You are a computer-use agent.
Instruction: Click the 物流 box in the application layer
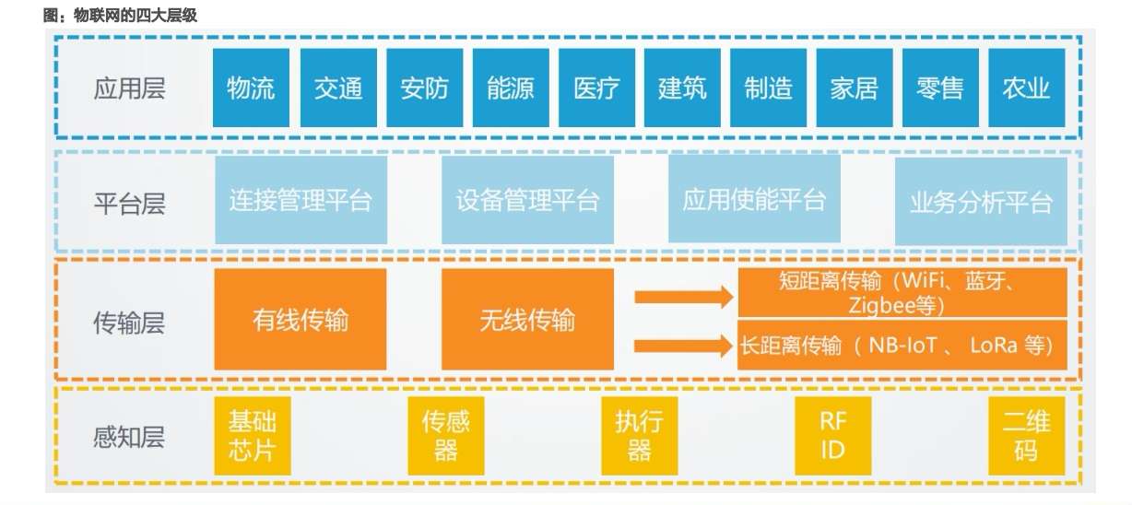click(251, 88)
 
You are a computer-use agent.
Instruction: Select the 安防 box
click(424, 88)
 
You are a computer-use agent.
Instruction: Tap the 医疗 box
click(596, 88)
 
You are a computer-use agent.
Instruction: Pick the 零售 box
click(940, 88)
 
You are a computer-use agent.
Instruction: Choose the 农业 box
click(1026, 88)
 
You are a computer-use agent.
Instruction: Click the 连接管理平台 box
click(301, 200)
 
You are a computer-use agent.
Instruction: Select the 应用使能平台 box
click(754, 200)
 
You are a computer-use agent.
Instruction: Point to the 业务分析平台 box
click(981, 200)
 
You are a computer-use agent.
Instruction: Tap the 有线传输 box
click(301, 320)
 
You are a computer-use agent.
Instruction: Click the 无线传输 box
click(527, 320)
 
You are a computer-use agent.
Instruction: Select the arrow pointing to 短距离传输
click(683, 297)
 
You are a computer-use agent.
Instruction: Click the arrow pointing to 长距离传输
click(683, 346)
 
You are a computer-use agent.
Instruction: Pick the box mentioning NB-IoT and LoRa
click(902, 346)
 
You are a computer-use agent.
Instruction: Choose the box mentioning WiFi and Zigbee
click(902, 292)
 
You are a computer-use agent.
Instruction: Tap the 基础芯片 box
click(252, 436)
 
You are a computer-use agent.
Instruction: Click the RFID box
click(832, 436)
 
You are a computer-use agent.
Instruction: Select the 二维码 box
click(1026, 436)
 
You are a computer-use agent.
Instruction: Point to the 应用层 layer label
click(129, 88)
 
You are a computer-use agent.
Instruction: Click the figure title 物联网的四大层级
click(120, 16)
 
